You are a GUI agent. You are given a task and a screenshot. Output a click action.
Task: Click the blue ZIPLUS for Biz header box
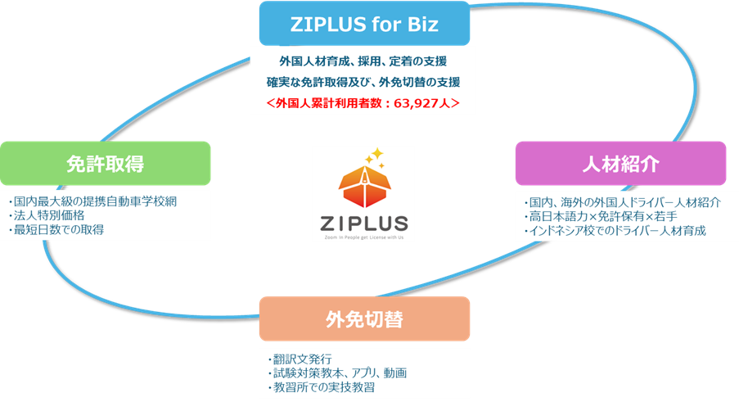(364, 24)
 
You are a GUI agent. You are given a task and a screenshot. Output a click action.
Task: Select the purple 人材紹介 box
(620, 164)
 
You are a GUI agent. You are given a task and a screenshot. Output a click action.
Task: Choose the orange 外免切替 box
(364, 318)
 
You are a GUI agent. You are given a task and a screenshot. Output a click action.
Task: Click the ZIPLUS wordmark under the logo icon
(363, 223)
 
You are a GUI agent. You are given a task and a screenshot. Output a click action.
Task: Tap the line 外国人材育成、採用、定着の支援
(363, 61)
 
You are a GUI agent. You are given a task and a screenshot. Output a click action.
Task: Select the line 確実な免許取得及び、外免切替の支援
(363, 82)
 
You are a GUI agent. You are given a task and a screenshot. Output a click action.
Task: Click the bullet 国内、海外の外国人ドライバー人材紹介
(622, 202)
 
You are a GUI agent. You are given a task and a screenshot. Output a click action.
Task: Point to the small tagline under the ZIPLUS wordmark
(363, 236)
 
